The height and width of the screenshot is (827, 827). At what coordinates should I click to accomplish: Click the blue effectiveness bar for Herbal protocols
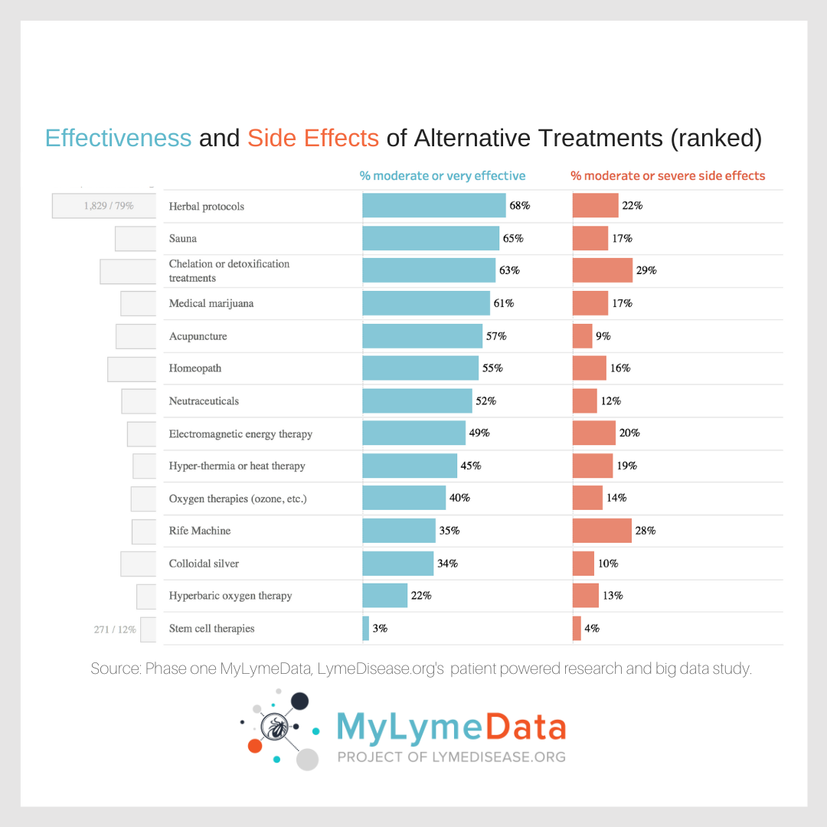click(x=433, y=205)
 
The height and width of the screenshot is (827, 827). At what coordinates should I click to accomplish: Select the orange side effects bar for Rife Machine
click(x=602, y=530)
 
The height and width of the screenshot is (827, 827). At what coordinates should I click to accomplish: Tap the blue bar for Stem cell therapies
click(x=365, y=628)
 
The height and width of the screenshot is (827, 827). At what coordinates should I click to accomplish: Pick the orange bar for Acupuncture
click(x=582, y=335)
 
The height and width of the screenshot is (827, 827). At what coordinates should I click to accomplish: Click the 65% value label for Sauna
click(x=513, y=238)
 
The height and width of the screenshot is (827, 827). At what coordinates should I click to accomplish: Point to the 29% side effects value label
click(x=646, y=270)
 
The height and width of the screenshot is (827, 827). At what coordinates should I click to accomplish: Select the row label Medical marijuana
click(x=211, y=303)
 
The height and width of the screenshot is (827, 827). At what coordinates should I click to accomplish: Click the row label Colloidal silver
click(x=204, y=563)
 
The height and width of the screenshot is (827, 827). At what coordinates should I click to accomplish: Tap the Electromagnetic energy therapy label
click(x=240, y=433)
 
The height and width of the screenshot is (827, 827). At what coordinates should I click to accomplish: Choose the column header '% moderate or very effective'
click(x=443, y=175)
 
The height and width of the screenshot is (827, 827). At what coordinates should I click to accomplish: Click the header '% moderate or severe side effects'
click(x=668, y=175)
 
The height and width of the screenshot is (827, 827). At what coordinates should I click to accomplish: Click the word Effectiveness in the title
click(x=118, y=138)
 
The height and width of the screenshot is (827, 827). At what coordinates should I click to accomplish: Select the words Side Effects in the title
click(x=312, y=138)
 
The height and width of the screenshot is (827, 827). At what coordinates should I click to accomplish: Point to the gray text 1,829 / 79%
click(x=109, y=206)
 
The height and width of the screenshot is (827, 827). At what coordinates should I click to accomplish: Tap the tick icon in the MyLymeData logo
click(x=273, y=727)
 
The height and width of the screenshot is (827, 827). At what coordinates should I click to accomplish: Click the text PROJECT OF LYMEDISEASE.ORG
click(x=451, y=757)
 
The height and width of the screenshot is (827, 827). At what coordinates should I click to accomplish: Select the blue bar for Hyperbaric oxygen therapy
click(x=384, y=595)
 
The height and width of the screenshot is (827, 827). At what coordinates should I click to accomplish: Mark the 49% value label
click(x=479, y=433)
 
